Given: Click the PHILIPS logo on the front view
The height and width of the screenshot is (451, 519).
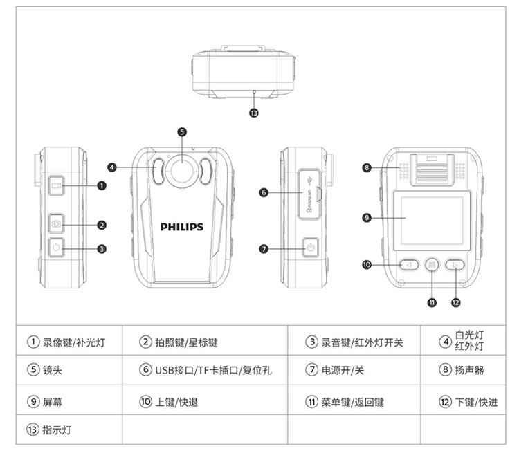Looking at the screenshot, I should [182, 226].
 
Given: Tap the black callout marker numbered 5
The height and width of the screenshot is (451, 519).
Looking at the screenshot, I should [182, 131].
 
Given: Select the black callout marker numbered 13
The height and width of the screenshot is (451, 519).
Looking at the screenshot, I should [254, 113].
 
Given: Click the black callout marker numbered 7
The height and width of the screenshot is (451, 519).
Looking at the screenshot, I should [264, 248].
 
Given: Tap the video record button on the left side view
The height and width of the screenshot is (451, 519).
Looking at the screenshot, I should [57, 185].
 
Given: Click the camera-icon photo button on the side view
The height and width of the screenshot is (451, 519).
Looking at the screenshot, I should [57, 224].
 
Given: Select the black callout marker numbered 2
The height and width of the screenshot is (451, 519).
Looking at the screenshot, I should [102, 224].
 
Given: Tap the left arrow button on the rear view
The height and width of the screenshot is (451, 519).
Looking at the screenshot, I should [409, 264].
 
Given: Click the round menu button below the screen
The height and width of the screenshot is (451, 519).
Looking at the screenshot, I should [432, 264].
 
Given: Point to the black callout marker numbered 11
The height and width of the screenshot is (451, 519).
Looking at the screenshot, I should [432, 302].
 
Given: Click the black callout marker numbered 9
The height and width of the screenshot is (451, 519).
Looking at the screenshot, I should [367, 218].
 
